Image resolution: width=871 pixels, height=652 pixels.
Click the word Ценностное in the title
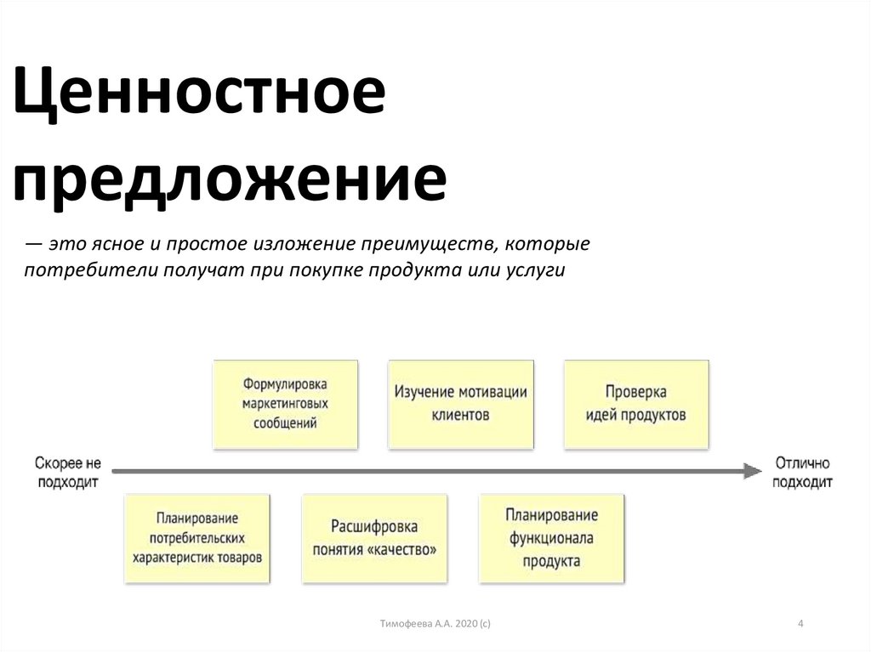point(201,95)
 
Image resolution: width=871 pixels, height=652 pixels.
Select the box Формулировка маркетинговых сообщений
point(285,404)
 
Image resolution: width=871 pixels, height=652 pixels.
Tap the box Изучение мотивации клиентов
point(461,404)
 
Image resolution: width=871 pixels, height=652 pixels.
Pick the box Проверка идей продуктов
point(636,404)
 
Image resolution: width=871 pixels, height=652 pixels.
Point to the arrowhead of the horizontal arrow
point(751,470)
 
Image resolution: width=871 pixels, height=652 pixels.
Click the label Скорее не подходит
point(67,472)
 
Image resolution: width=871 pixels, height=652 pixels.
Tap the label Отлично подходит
point(803,472)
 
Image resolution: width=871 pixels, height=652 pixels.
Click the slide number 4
point(800,625)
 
